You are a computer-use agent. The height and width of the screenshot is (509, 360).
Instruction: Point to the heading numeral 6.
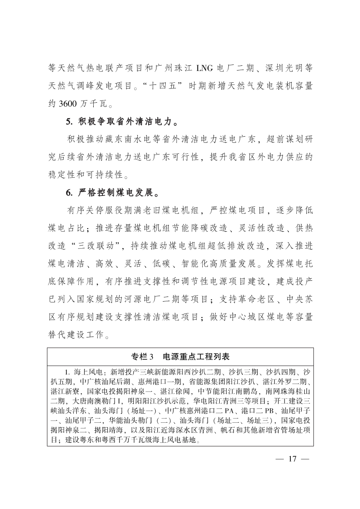click(68, 192)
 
